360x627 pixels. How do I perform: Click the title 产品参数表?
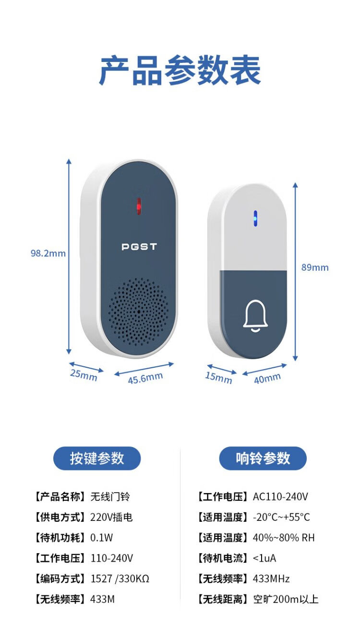point(180,70)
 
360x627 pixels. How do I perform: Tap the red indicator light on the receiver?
point(139,206)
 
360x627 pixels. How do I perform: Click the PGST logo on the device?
point(139,247)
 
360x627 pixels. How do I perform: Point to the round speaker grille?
point(139,312)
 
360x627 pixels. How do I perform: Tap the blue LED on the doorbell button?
point(255,218)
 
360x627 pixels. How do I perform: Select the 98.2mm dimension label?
point(48,253)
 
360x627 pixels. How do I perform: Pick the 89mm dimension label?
point(315,267)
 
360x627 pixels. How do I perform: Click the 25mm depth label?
point(84,375)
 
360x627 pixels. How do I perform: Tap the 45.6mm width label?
point(145,378)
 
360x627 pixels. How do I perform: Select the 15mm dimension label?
point(218,378)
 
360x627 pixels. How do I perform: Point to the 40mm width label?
point(267,378)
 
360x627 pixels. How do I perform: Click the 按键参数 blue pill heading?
point(97,458)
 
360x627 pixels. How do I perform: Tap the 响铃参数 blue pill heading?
point(263,458)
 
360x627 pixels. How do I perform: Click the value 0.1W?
point(101,538)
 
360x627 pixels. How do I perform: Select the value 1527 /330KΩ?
point(120,579)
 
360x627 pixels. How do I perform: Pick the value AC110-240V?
point(280,497)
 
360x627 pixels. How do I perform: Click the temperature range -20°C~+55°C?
point(281,517)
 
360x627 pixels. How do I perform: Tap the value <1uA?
point(264,558)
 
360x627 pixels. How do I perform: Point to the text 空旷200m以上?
point(286,599)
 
